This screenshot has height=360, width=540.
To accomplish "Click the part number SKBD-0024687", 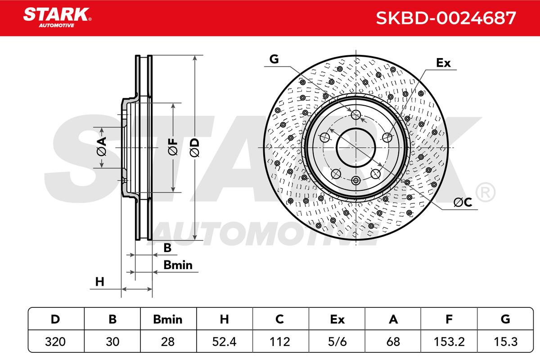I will [445, 18].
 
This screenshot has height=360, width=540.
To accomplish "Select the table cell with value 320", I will [56, 342].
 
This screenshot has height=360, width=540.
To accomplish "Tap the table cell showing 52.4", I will [224, 342].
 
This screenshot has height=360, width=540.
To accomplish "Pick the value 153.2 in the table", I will [449, 342].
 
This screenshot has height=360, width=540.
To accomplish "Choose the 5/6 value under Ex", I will [337, 342].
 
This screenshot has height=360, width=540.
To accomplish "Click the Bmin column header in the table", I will [168, 319].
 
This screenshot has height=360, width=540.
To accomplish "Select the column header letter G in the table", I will [505, 319].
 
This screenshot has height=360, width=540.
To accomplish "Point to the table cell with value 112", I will [280, 342].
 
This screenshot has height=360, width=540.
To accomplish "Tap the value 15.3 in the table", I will [505, 342].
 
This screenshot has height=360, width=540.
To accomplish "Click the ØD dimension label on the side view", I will [194, 147].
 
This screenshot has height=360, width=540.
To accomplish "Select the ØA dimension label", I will [101, 147].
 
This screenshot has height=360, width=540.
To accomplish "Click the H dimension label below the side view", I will [99, 282].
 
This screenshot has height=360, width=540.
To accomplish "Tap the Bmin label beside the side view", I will [178, 265].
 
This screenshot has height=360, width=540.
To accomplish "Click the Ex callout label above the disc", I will [443, 63].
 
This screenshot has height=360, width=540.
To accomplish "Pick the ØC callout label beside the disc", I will [462, 203].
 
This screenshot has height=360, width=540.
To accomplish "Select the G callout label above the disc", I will [274, 59].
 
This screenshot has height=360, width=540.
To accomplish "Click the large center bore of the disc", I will [356, 147].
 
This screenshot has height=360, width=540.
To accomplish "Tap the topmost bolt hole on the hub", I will [356, 114].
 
